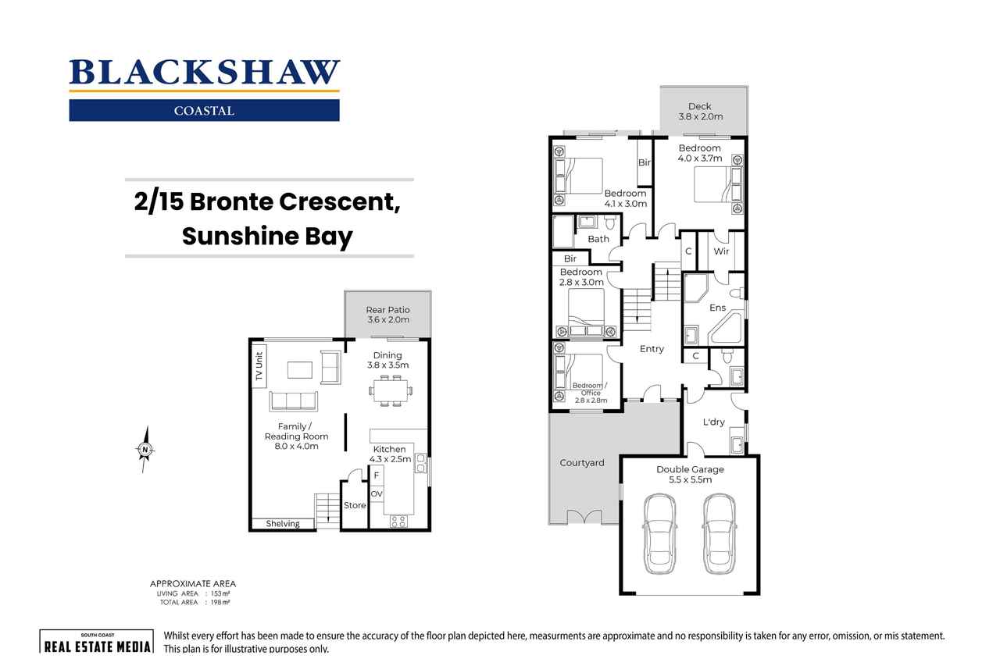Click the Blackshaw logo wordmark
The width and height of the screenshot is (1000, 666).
coord(204,73)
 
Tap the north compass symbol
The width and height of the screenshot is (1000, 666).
coord(145,450)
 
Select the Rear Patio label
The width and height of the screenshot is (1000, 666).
coord(387,315)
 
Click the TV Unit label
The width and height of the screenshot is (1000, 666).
coord(259,367)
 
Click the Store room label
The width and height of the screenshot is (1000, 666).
coord(355,505)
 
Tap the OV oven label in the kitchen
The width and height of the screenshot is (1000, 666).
coord(377,494)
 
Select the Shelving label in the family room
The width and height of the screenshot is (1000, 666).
coord(282,524)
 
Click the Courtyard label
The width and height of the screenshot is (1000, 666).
coord(582,463)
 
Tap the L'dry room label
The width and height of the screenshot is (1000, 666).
coord(713,422)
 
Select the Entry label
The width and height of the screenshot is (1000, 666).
coord(652,349)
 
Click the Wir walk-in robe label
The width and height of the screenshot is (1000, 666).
coord(721,251)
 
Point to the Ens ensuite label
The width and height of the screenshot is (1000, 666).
coord(717,308)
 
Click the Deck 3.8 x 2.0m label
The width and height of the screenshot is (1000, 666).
coord(700,112)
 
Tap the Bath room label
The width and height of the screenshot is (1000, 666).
coord(598,239)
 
